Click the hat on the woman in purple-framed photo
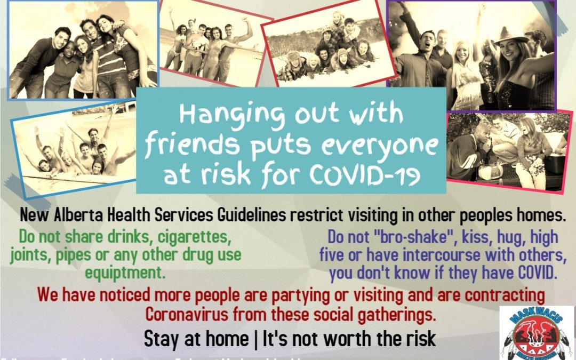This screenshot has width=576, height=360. tap(509, 34)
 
